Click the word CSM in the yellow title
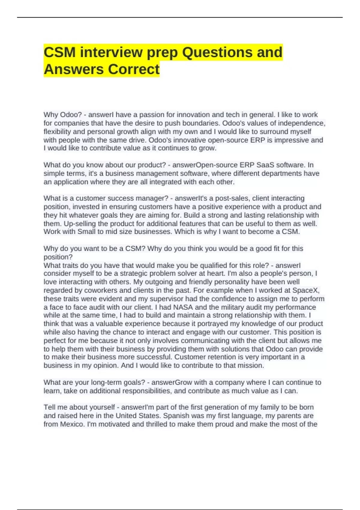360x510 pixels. point(59,52)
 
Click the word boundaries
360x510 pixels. point(199,123)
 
